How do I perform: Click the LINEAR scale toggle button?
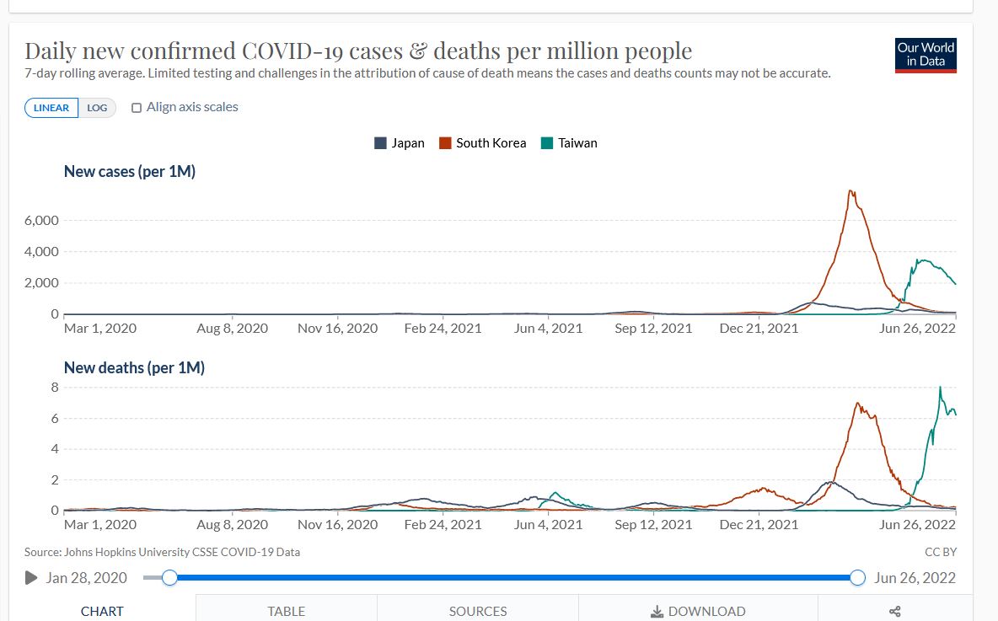[51, 108]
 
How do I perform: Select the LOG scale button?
[97, 108]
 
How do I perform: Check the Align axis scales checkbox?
[137, 108]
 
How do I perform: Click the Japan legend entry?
[400, 143]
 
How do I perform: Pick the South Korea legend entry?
[482, 143]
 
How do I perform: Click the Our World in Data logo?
[926, 55]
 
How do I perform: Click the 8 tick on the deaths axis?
[54, 388]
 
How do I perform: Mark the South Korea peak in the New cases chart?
[850, 191]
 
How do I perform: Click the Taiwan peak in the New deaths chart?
[940, 388]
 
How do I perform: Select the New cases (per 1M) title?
[130, 172]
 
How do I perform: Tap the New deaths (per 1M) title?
[134, 368]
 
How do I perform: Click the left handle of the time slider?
[169, 577]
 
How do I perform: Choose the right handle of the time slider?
[858, 577]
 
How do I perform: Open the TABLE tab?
[286, 611]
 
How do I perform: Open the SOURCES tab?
[478, 611]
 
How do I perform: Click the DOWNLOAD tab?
[698, 611]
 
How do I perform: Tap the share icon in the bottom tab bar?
[895, 611]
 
